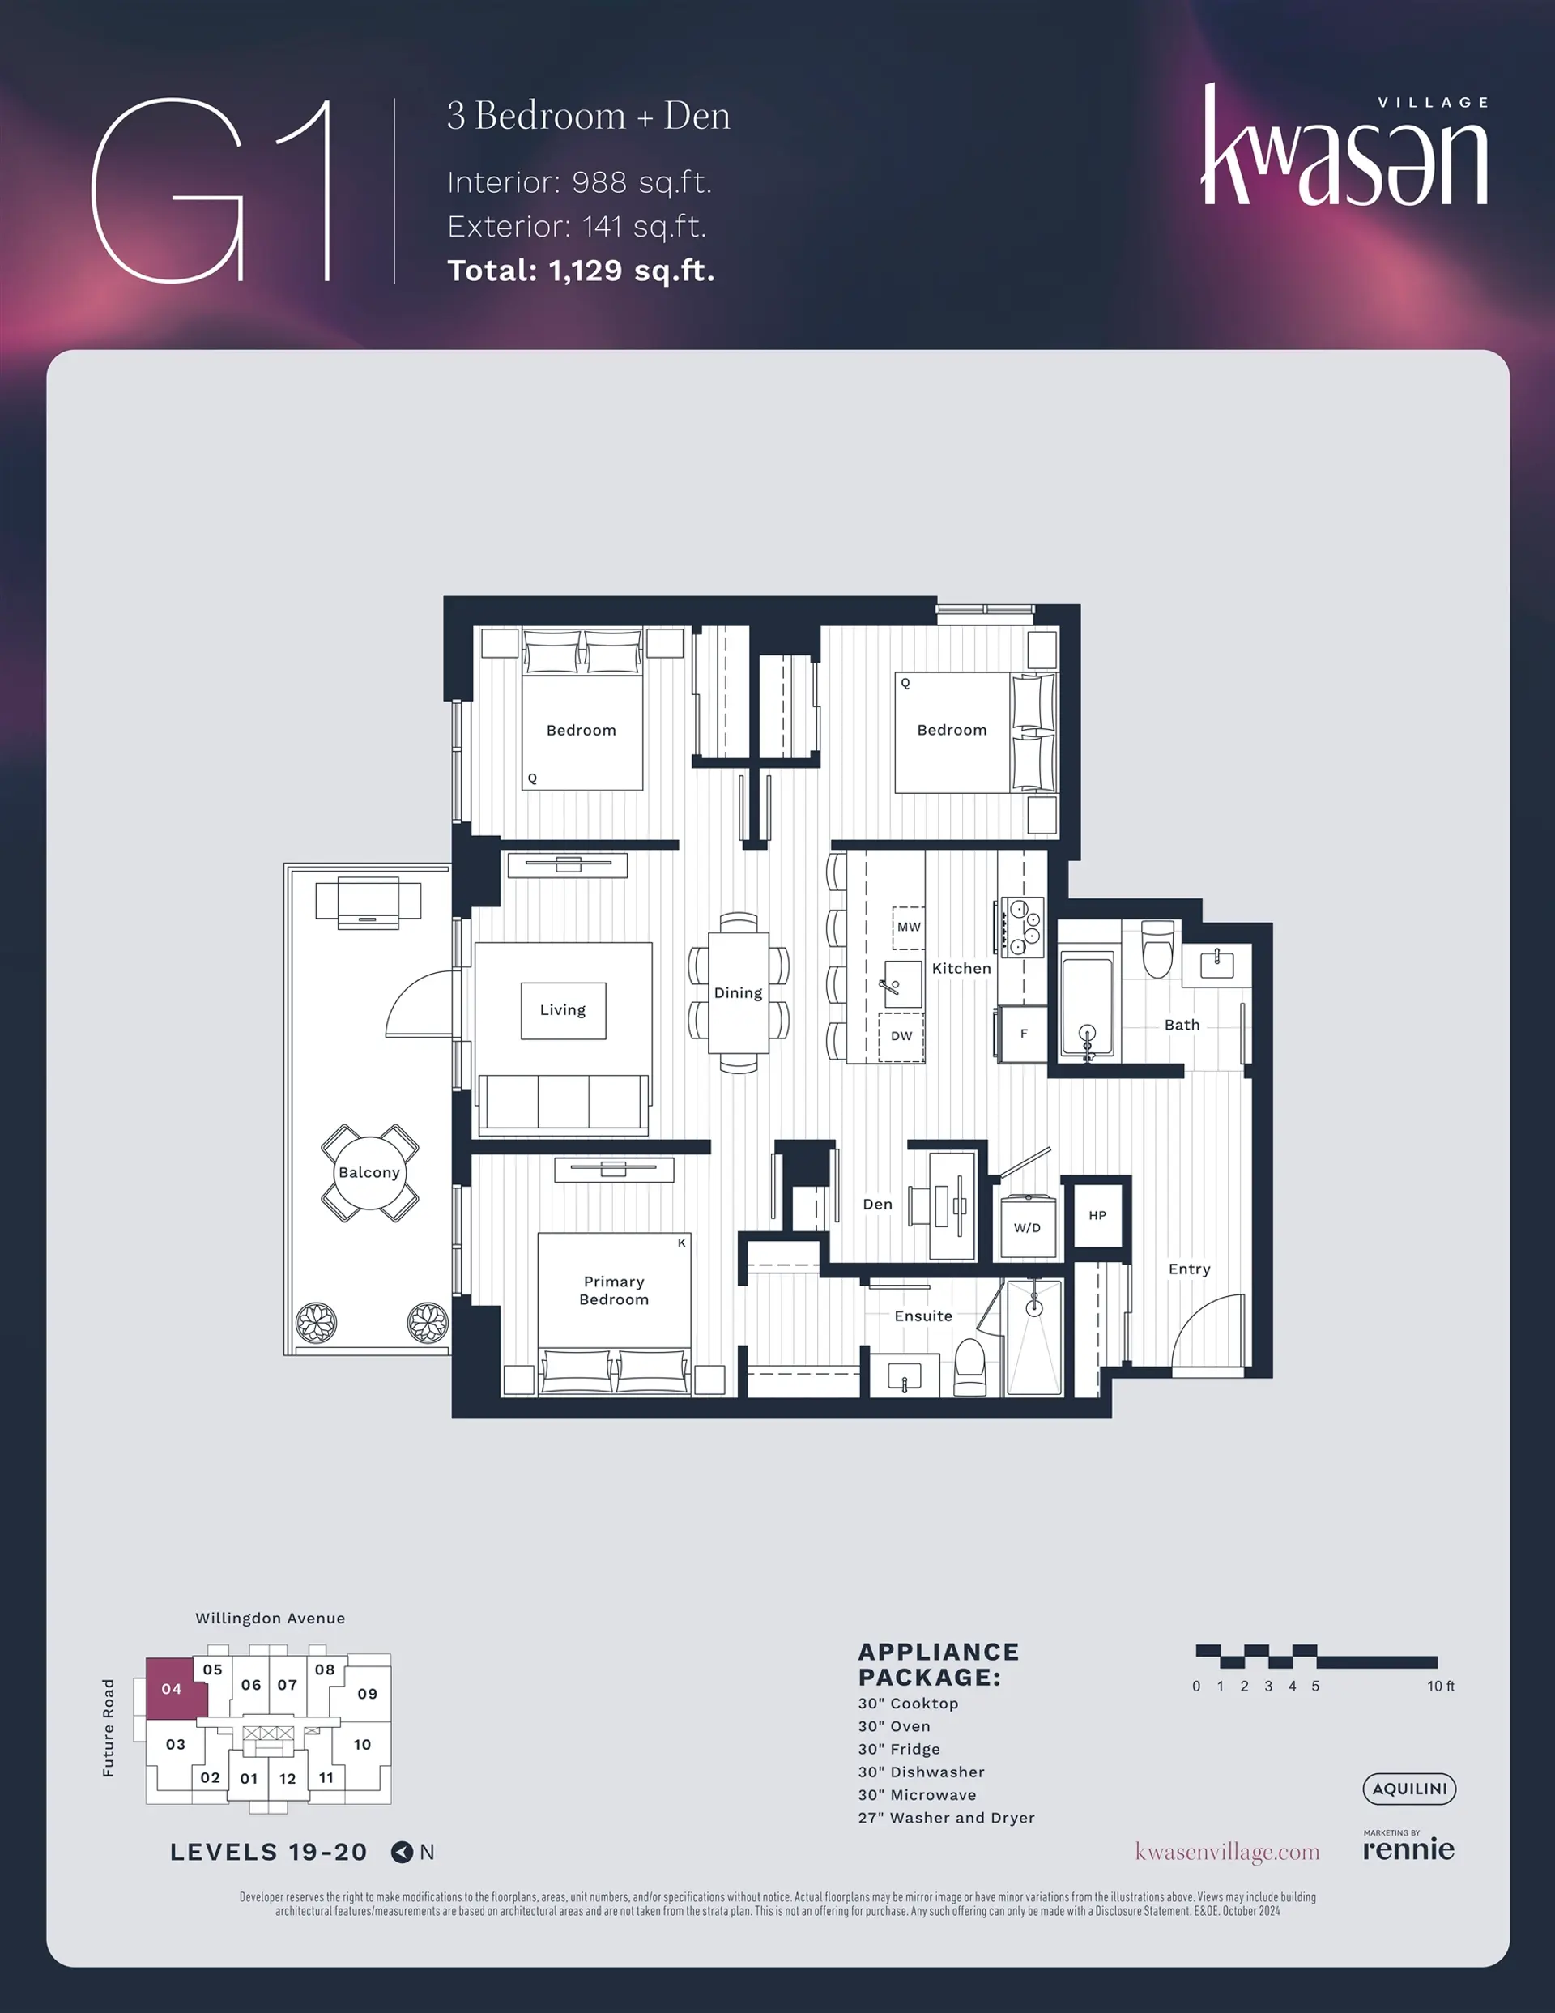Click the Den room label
(876, 1204)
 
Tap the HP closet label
(1097, 1215)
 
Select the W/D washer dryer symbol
(1027, 1226)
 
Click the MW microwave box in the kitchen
(908, 928)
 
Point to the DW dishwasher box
(901, 1037)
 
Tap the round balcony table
(369, 1172)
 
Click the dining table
(739, 992)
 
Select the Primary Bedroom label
(614, 1290)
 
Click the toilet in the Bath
(1157, 949)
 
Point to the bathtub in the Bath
(1088, 1004)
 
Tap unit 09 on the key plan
(367, 1693)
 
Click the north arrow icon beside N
(402, 1852)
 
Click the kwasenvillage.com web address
(1227, 1852)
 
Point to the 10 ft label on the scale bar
(1441, 1686)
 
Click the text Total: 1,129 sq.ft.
(581, 270)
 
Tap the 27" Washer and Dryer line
(947, 1818)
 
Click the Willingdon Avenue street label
(270, 1618)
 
